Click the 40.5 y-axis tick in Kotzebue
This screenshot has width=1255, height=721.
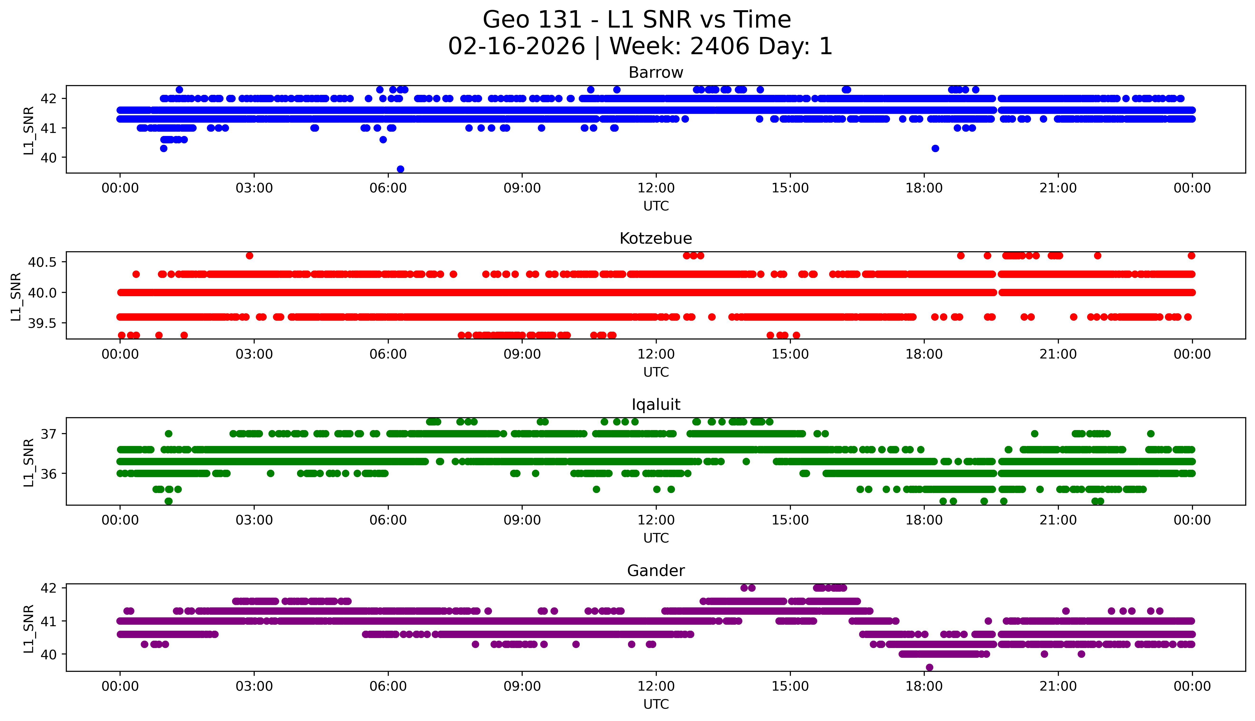click(x=44, y=262)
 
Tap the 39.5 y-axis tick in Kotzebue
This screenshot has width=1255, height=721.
click(x=44, y=323)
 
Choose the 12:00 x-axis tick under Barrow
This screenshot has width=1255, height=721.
click(x=656, y=188)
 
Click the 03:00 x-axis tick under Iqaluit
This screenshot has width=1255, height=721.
click(x=254, y=520)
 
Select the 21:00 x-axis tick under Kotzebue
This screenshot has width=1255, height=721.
click(x=1058, y=355)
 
